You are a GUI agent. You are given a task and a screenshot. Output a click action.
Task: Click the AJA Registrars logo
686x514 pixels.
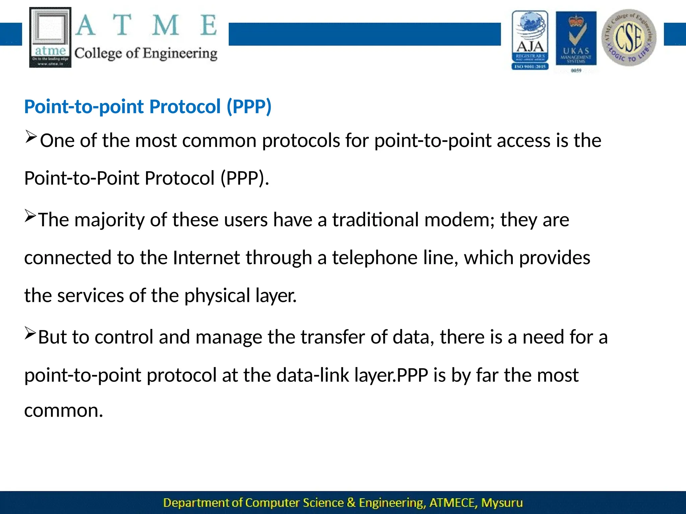click(x=530, y=40)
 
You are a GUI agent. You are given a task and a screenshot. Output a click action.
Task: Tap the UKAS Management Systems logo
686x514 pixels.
click(x=576, y=40)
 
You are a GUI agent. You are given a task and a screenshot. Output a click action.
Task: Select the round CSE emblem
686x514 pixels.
click(x=629, y=37)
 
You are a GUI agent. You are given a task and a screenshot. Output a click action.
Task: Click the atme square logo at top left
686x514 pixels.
click(x=50, y=37)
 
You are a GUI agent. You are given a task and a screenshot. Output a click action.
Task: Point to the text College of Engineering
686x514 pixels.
click(x=146, y=54)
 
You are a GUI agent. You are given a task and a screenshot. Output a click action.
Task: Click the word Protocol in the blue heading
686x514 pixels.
click(x=185, y=107)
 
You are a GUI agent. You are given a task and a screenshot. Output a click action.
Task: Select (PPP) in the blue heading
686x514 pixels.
click(x=249, y=107)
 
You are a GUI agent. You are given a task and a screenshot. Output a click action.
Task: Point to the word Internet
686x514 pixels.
click(x=206, y=258)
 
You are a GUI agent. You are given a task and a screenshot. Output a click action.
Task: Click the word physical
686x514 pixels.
click(x=217, y=296)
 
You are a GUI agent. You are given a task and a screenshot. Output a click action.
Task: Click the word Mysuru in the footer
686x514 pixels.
click(x=502, y=503)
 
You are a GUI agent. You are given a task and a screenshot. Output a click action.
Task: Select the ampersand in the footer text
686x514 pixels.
click(x=351, y=503)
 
